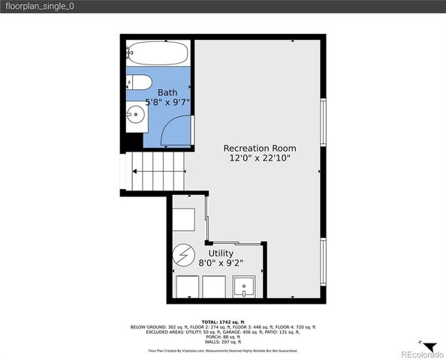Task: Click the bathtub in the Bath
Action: click(157, 53)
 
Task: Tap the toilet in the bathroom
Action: click(142, 82)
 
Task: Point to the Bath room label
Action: click(167, 92)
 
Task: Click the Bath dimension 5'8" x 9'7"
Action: click(167, 102)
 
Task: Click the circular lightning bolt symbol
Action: click(182, 256)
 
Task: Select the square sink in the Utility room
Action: click(245, 286)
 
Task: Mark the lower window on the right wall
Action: click(324, 260)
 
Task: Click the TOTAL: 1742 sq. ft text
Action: click(223, 322)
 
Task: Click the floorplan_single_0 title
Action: click(41, 6)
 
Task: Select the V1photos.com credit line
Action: click(223, 350)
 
